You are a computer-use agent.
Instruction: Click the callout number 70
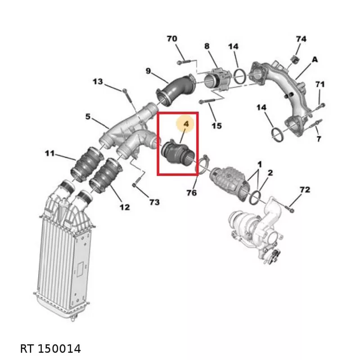[172, 39]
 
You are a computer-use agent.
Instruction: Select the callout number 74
[301, 39]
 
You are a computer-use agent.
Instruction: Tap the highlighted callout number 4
[186, 124]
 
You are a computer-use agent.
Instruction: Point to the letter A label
[315, 60]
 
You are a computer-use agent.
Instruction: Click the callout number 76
[192, 193]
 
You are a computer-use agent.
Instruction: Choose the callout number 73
[154, 202]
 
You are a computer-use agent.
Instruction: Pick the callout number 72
[305, 189]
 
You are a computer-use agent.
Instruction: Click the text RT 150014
[50, 348]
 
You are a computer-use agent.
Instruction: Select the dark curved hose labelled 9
[176, 90]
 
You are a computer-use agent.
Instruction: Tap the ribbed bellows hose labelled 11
[87, 164]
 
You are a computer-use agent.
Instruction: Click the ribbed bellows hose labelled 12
[106, 175]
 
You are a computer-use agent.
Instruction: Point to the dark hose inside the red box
[178, 153]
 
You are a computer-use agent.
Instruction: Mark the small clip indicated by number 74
[295, 59]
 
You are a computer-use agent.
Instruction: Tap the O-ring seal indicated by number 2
[255, 197]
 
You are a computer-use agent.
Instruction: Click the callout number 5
[88, 117]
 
